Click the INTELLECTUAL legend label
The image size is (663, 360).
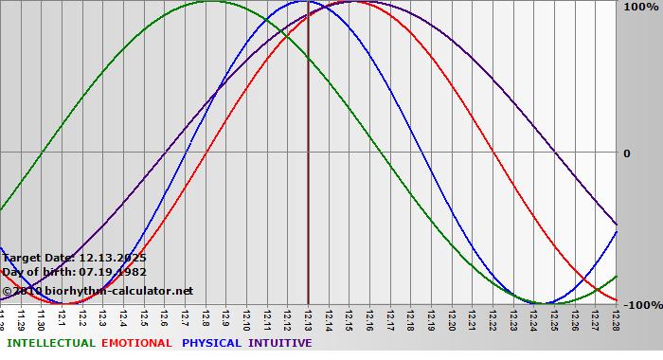(x=51, y=343)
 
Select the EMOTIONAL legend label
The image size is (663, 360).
(x=136, y=343)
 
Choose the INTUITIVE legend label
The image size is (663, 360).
(x=280, y=343)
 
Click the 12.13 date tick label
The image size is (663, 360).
(x=307, y=318)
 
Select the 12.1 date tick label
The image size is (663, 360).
(x=62, y=318)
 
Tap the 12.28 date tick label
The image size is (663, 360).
(x=615, y=318)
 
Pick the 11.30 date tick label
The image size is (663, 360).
(x=41, y=318)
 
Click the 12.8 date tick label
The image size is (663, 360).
(x=205, y=318)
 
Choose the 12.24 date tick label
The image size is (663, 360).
(x=533, y=318)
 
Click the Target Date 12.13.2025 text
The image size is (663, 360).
(x=75, y=258)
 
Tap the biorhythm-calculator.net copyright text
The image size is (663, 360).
(x=98, y=291)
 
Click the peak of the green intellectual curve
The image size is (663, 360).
(x=211, y=1)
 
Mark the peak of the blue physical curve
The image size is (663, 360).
(x=302, y=1)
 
